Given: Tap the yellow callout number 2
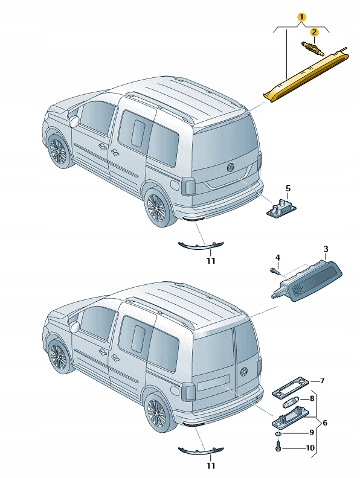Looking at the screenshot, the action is [x=314, y=32].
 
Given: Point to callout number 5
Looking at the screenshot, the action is [x=288, y=188].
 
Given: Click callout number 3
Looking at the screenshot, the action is [x=326, y=249].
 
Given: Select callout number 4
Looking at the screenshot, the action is [x=278, y=258].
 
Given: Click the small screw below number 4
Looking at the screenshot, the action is [x=275, y=271].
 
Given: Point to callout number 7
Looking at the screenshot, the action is [x=322, y=381].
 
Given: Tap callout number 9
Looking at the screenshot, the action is [x=312, y=432].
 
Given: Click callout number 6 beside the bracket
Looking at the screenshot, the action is [x=324, y=422].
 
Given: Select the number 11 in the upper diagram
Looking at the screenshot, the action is [x=211, y=261].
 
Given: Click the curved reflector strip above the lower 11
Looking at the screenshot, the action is [x=201, y=450].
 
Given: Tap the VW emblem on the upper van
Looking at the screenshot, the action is [x=230, y=167].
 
